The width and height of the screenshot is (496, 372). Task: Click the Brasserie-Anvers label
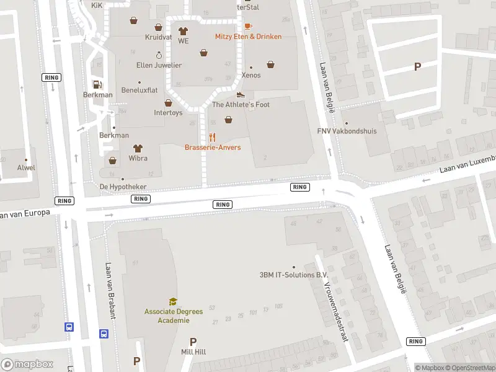tap(213, 148)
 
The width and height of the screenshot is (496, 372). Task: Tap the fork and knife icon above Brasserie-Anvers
tap(213, 137)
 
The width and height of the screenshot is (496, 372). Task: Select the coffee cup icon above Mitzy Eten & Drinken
tap(248, 26)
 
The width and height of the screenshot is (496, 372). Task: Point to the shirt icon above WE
tap(183, 30)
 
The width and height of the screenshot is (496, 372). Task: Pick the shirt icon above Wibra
tap(138, 148)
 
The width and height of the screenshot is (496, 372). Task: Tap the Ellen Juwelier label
tap(159, 65)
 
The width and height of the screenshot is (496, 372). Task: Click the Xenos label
tap(251, 75)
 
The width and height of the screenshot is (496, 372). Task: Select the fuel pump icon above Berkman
tap(97, 84)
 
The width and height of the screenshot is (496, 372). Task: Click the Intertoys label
tap(168, 113)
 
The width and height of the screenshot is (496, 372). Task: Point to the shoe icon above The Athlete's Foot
tap(241, 94)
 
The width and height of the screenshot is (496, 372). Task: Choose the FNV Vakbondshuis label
tap(347, 131)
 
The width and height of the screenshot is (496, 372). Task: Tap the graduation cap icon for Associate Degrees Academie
tap(173, 302)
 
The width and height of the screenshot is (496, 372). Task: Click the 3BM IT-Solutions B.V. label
tap(294, 275)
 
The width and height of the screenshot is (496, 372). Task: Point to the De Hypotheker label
tap(123, 187)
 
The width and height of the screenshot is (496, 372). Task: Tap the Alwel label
tap(26, 167)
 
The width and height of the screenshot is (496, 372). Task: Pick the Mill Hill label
tap(193, 352)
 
